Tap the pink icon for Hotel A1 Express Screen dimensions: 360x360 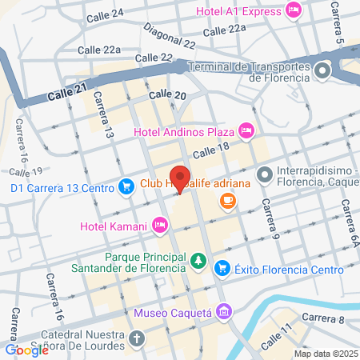(293, 10)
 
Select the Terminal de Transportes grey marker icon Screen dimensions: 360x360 (322, 72)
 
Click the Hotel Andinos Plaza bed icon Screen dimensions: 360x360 (246, 130)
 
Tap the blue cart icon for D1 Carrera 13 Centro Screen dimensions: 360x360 (126, 187)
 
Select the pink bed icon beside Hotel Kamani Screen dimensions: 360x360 (160, 226)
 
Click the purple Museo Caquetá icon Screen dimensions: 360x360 (224, 310)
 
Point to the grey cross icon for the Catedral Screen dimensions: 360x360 (137, 338)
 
